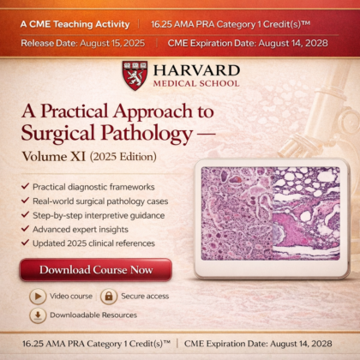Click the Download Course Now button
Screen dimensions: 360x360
point(95,269)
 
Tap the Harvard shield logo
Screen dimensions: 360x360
point(134,75)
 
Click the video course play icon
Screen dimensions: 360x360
point(38,296)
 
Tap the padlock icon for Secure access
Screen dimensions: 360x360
point(108,296)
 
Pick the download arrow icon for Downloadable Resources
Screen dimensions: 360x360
point(38,315)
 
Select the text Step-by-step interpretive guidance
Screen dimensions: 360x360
point(99,214)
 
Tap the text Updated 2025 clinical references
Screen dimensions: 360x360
point(94,243)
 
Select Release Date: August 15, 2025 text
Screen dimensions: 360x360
point(72,40)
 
